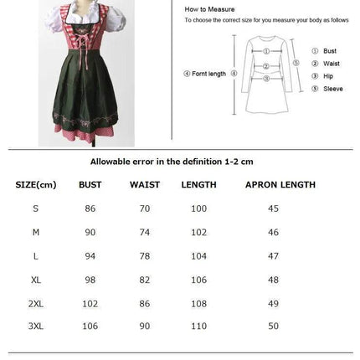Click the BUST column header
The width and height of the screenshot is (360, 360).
pos(90,184)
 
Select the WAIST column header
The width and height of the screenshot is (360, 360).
pos(144,184)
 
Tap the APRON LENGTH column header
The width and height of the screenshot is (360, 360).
pos(280,184)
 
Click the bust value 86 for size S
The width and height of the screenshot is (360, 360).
pos(90,208)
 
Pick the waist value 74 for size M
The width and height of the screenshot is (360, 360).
pos(144,232)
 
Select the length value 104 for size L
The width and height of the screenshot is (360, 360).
pos(198,256)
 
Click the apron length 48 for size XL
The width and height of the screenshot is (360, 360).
pos(273,280)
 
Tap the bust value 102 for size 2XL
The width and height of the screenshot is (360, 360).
pos(90,303)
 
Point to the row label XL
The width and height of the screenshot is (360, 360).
pos(35,280)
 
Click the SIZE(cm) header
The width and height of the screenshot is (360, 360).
pos(36,184)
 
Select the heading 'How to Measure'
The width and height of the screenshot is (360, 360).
pos(201,8)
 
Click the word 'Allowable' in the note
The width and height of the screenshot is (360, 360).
pos(109,161)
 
